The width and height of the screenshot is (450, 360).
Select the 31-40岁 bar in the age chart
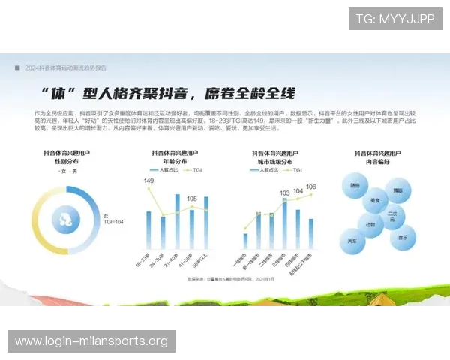[178, 221]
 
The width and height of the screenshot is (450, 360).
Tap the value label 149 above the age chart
[148, 181]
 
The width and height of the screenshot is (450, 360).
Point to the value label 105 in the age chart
[192, 199]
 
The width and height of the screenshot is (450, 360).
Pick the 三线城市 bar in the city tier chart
[284, 223]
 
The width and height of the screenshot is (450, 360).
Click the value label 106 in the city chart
[311, 187]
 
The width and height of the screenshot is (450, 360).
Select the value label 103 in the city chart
[284, 193]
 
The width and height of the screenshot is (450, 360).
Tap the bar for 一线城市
[244, 241]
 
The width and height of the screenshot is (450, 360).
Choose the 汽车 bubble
[352, 241]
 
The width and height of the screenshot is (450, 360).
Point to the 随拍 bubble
[355, 184]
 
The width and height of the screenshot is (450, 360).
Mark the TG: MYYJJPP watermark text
[394, 19]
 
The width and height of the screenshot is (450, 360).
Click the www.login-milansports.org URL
[91, 341]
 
